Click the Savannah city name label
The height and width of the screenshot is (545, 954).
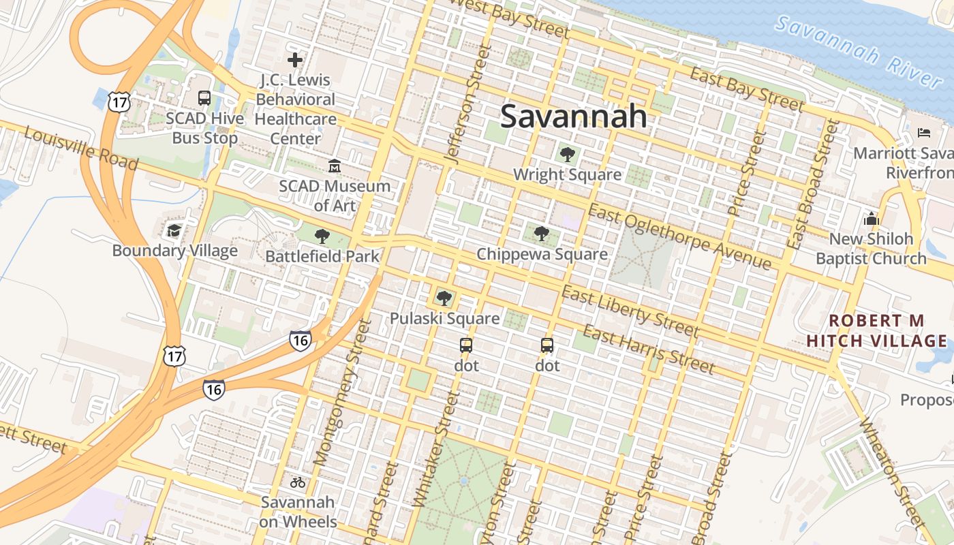tap(574, 116)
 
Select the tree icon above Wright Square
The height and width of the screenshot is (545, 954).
tap(567, 155)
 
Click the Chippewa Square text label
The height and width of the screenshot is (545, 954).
tap(542, 254)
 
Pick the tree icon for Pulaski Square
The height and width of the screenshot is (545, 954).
tap(444, 298)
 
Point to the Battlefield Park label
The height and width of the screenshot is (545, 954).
tap(322, 256)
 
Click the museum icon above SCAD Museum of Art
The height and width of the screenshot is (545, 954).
tap(335, 166)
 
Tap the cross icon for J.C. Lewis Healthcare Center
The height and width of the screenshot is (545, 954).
tap(295, 60)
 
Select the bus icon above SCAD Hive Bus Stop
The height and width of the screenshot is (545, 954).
tap(204, 97)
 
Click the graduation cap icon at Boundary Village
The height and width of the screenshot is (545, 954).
tap(174, 230)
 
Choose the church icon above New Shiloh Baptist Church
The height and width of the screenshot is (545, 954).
tap(871, 219)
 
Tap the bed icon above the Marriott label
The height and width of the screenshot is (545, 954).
tap(924, 132)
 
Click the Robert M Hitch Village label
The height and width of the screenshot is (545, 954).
tap(876, 330)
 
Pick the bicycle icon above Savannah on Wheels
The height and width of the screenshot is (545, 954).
tap(298, 482)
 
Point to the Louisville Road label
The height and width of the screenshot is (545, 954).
tap(80, 148)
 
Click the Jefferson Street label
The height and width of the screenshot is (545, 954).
tap(468, 104)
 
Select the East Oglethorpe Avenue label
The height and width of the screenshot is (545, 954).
tap(679, 237)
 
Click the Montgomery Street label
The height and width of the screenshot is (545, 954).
tap(343, 393)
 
